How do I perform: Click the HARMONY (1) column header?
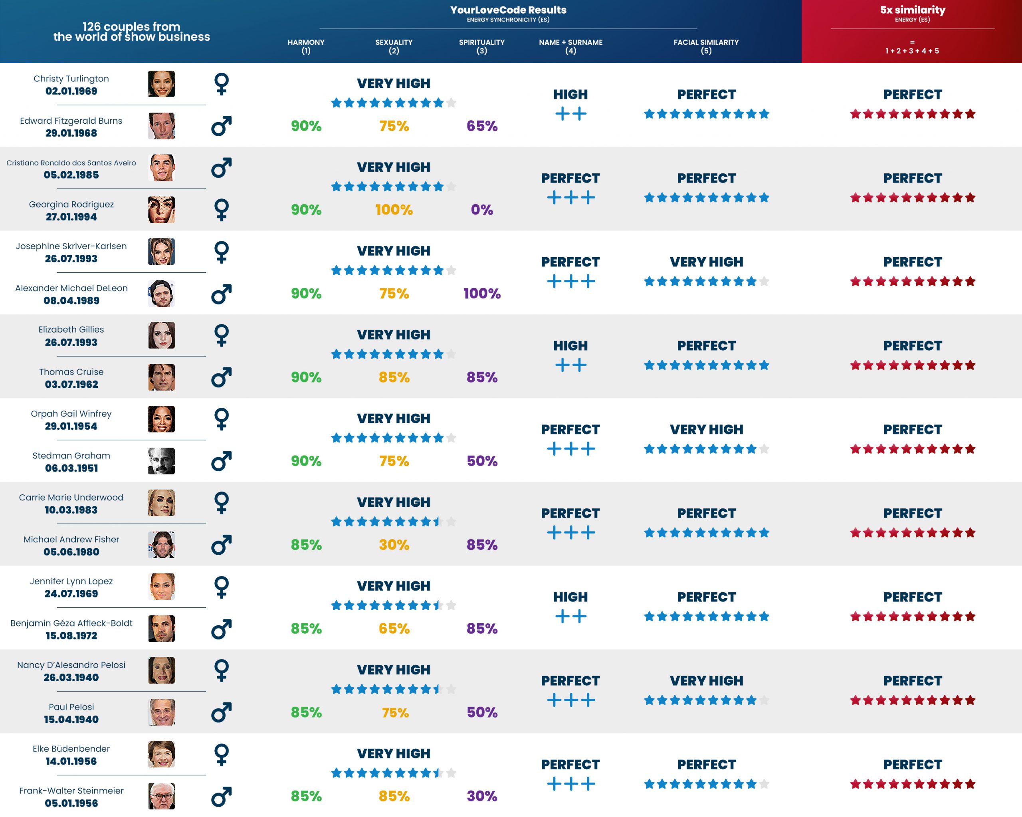[x=306, y=46]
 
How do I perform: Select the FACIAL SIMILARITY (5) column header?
[x=706, y=46]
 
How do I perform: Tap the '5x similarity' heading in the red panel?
[x=913, y=10]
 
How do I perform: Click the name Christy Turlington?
[x=71, y=79]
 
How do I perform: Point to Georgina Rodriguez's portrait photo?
[x=161, y=210]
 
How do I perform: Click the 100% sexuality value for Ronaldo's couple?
[x=394, y=210]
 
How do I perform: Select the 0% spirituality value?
[x=481, y=210]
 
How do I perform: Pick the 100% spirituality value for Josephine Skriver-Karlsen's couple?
[x=481, y=293]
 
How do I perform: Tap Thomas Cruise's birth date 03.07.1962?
[x=71, y=384]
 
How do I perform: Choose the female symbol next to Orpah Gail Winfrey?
[x=222, y=419]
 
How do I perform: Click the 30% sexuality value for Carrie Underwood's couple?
[x=394, y=545]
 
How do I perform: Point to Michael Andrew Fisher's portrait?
[x=161, y=545]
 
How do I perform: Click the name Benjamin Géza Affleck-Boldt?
[x=71, y=623]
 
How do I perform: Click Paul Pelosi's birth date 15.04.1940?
[x=71, y=719]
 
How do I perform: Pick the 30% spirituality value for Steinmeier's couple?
[x=481, y=796]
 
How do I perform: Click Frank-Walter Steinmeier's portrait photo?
[x=161, y=796]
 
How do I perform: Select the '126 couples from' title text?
[x=131, y=26]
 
